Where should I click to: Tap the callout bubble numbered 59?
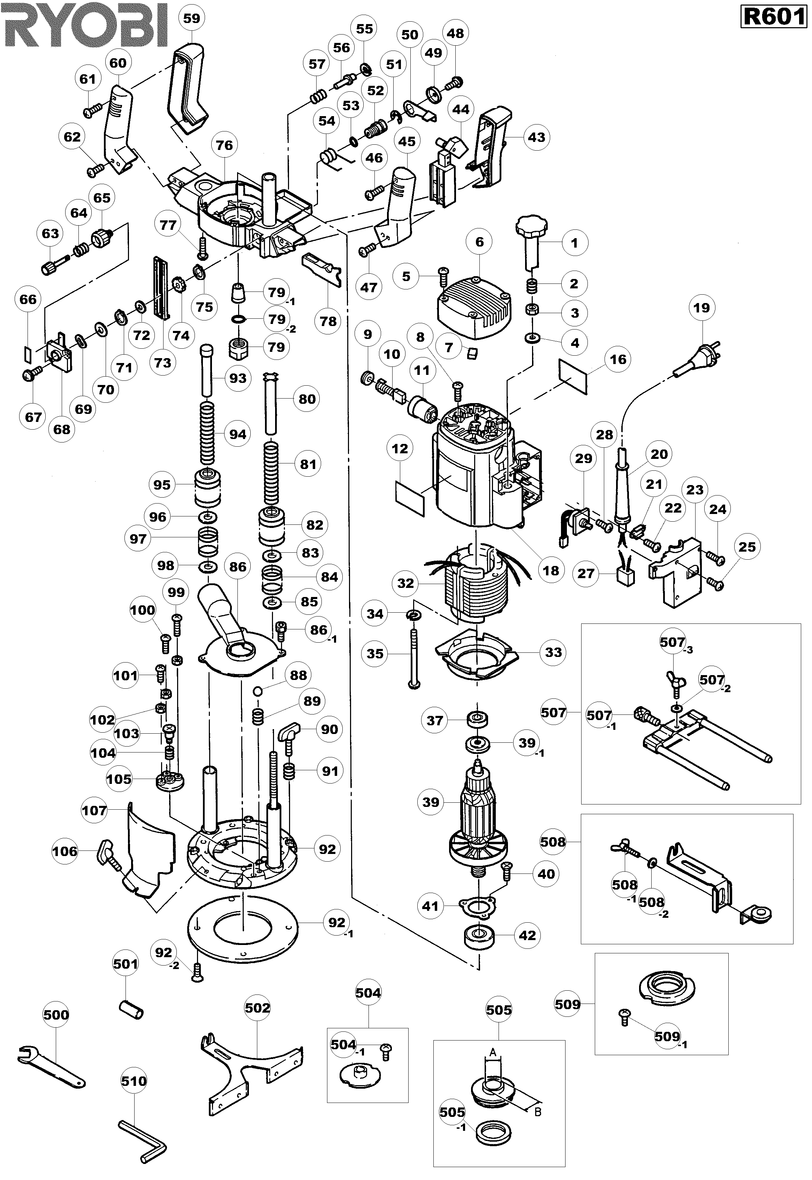(192, 18)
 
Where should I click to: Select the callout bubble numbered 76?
(225, 145)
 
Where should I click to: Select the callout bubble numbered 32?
(405, 583)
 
